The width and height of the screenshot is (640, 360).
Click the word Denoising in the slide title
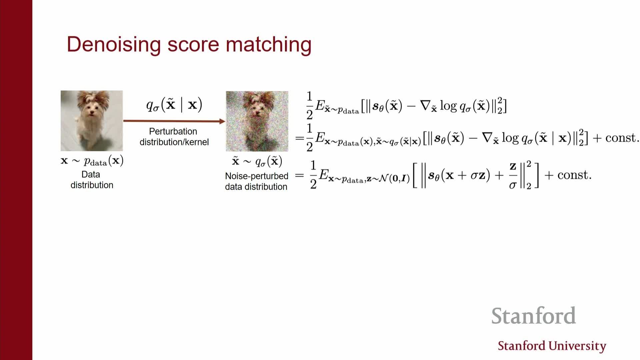114,44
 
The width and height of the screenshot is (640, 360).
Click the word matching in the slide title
269,44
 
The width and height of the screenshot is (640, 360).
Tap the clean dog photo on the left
92,121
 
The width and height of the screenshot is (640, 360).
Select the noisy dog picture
257,121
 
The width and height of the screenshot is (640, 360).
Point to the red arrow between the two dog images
174,121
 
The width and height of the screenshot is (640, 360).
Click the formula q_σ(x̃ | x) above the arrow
174,105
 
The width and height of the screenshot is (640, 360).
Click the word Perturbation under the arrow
173,131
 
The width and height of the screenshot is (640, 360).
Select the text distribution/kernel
174,142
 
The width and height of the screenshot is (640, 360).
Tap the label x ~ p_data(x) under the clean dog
92,161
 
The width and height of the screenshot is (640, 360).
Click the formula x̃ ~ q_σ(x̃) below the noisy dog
257,162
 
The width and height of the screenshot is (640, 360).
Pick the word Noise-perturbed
257,176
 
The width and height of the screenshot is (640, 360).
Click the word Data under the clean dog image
91,174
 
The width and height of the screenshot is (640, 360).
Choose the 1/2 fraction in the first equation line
309,105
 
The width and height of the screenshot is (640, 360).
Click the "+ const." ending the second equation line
616,138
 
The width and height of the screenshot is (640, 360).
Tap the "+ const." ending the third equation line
568,175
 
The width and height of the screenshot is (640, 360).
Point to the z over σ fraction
513,175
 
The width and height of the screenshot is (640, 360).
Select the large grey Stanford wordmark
534,316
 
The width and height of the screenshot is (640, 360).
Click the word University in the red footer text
577,346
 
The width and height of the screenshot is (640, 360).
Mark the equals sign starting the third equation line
300,175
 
